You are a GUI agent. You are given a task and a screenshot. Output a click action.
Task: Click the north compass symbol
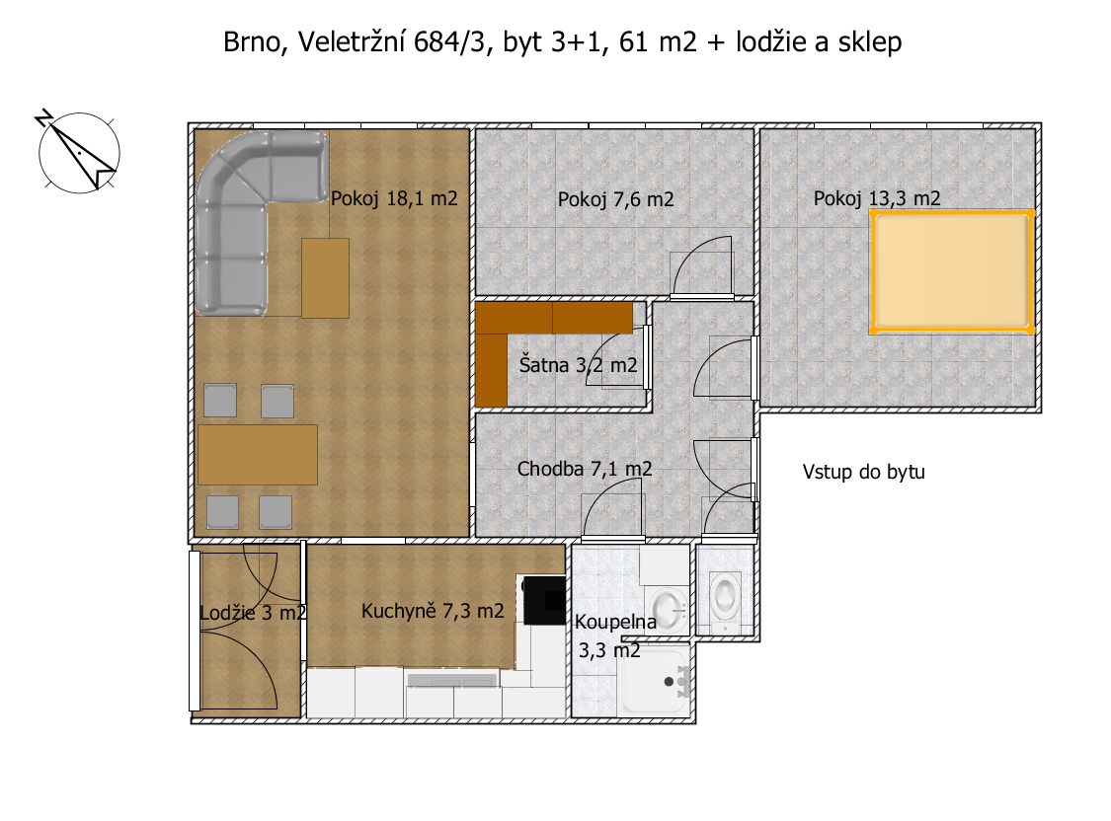click(78, 151)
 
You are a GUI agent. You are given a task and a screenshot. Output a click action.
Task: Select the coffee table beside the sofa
click(325, 278)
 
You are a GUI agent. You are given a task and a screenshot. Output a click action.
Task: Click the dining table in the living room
click(257, 454)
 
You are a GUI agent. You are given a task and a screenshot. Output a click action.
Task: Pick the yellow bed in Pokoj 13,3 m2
click(952, 271)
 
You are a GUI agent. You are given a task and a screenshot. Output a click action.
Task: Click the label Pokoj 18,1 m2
click(394, 199)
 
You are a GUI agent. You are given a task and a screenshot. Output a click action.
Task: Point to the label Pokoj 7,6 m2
click(615, 199)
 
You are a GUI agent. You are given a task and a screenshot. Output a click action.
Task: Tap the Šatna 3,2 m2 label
click(578, 365)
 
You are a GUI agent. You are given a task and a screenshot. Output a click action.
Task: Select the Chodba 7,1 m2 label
click(585, 469)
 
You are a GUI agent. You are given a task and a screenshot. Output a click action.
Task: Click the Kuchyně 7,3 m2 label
click(433, 611)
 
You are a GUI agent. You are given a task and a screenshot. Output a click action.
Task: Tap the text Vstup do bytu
click(864, 472)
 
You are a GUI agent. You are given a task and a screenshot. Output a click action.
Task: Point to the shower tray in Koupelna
click(656, 680)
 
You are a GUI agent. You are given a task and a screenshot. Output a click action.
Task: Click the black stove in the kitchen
click(544, 600)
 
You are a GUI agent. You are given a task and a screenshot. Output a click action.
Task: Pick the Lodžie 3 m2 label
click(253, 613)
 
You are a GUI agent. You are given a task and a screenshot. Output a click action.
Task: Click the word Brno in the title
click(252, 42)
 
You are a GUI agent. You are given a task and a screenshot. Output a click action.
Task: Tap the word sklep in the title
click(870, 42)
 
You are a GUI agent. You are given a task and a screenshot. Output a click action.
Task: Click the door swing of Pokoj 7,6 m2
click(701, 264)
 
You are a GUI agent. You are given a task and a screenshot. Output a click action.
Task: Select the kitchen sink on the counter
click(451, 681)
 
